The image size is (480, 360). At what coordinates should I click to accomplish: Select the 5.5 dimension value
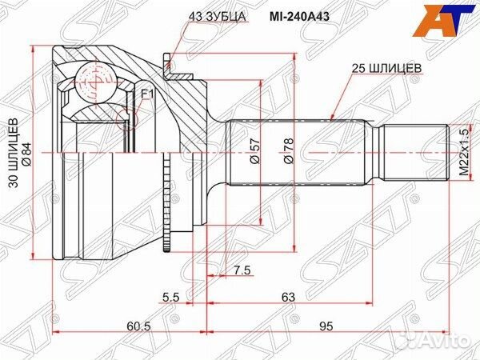tap(170, 298)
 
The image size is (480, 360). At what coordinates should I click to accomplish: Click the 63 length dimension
tap(288, 298)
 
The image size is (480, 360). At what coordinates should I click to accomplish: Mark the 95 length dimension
tap(326, 325)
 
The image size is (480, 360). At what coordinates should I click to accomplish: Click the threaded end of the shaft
tap(411, 152)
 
